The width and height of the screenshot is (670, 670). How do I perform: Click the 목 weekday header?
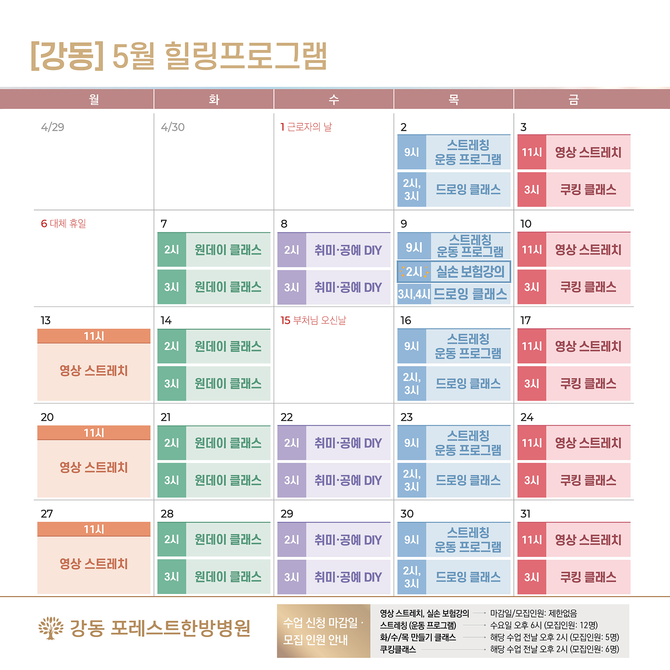(x=453, y=99)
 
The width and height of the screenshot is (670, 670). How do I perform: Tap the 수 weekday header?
(x=333, y=99)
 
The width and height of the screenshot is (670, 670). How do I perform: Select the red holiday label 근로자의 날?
(x=309, y=127)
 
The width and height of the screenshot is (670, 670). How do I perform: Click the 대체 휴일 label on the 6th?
(x=68, y=224)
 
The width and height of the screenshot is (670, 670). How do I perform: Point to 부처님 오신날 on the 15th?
(x=319, y=320)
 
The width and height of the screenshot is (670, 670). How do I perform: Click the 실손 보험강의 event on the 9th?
(x=470, y=272)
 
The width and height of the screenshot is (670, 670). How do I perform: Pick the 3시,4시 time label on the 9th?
(x=414, y=294)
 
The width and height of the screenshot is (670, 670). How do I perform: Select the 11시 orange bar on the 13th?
(x=94, y=336)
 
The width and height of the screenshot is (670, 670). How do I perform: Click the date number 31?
(x=525, y=514)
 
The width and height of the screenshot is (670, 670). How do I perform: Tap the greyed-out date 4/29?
(x=53, y=127)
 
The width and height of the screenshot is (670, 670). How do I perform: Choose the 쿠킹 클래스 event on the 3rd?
(x=588, y=190)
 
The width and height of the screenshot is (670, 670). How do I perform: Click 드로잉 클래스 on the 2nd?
(x=468, y=190)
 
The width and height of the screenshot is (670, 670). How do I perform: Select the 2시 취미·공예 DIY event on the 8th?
(x=348, y=250)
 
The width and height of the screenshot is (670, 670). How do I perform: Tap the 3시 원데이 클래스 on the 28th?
(x=228, y=577)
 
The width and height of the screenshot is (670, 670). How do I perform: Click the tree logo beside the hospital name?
(x=51, y=628)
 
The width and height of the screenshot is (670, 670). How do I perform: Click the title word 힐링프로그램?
(x=246, y=57)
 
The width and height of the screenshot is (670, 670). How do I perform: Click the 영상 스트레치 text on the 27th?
(x=94, y=564)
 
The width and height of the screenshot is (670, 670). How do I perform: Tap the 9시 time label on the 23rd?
(x=412, y=443)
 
